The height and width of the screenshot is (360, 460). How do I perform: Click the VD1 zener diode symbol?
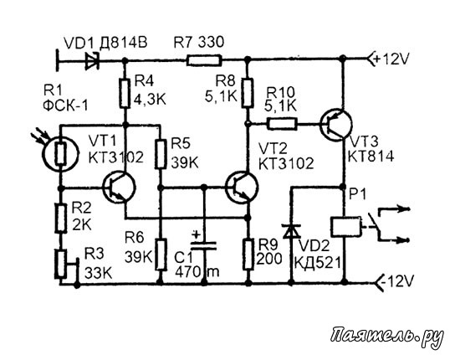92,61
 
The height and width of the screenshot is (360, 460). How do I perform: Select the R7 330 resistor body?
204,60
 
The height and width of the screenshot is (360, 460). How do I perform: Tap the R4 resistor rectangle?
125,94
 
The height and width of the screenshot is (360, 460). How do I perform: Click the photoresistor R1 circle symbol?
60,153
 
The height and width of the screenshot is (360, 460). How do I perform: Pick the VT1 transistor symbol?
119,188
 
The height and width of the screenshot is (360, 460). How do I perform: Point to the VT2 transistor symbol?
243,188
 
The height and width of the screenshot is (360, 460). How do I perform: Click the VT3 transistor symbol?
335,125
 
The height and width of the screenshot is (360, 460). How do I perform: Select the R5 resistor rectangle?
161,154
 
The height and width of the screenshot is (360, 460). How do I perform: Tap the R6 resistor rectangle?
161,255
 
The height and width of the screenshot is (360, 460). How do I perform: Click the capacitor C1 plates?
204,245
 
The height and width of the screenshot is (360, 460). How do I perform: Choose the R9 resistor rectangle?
248,255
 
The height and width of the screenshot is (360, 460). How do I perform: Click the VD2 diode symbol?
291,231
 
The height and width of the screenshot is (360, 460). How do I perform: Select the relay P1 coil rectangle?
345,227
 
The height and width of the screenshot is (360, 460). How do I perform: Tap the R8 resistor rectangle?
248,93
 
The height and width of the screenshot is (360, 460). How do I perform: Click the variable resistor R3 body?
60,264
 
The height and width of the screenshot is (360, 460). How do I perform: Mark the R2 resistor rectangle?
60,219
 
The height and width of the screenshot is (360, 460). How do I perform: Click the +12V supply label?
391,59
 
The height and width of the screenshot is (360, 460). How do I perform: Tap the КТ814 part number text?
371,157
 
